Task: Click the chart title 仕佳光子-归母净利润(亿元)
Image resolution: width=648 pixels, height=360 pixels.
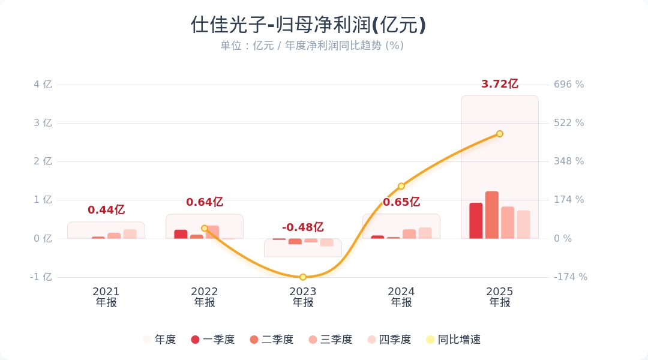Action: click(308, 25)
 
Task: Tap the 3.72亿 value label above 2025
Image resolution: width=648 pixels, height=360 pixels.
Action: click(499, 84)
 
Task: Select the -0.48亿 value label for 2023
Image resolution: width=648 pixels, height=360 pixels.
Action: click(302, 227)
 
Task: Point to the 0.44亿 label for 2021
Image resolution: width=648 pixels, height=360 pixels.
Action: click(106, 210)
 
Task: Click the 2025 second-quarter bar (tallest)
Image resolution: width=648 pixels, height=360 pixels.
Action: click(491, 215)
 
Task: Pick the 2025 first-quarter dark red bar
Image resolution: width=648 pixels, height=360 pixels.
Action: click(476, 221)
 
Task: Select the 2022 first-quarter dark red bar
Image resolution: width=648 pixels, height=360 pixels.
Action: click(181, 234)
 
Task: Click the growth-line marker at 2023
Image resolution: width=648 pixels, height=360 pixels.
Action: click(303, 277)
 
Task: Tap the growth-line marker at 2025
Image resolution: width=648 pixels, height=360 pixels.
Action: click(499, 134)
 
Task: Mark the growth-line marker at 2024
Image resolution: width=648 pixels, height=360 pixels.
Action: click(401, 186)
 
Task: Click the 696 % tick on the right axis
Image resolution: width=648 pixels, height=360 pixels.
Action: click(568, 85)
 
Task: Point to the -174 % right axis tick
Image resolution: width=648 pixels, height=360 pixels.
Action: click(570, 277)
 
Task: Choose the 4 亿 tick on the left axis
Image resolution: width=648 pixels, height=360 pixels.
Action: click(43, 85)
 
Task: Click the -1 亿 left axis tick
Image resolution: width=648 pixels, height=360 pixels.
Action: click(41, 277)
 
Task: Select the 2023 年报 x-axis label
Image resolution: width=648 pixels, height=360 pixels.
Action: click(303, 297)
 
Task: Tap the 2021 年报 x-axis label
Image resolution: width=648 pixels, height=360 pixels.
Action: click(106, 297)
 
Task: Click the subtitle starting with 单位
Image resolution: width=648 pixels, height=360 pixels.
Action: click(311, 46)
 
